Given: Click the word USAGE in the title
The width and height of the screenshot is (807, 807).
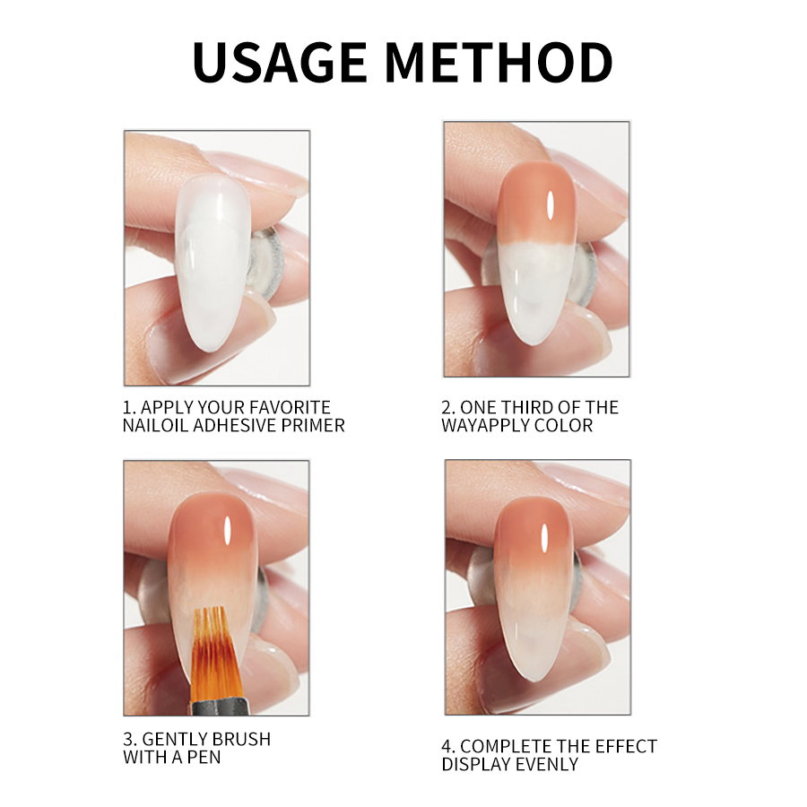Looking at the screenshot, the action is coord(280,62).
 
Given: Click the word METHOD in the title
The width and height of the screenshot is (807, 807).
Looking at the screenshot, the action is coord(499,62).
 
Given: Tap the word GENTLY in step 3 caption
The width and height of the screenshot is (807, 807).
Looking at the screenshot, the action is coord(174,740).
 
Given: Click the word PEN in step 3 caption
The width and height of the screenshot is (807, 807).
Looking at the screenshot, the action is coord(204,758).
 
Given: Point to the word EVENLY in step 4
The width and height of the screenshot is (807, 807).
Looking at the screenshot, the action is coord(546,764).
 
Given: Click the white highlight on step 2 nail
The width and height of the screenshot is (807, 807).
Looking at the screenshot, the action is coord(551,204).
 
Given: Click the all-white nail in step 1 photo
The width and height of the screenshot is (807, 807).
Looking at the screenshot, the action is coord(213,263).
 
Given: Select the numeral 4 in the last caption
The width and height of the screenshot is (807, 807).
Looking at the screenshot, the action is coord(446,746).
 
